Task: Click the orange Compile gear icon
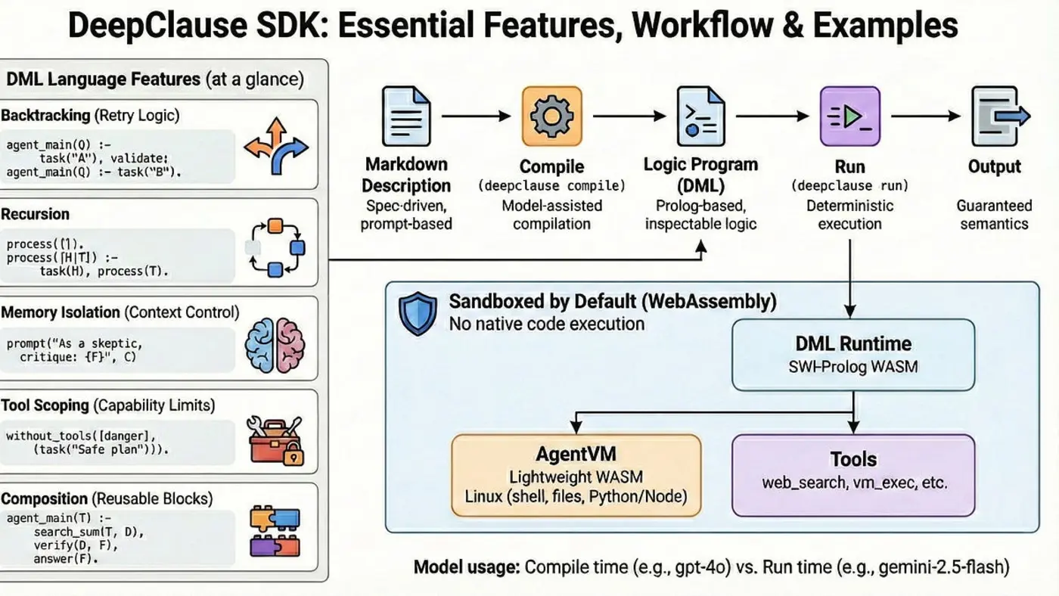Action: [552, 116]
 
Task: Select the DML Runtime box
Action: [853, 354]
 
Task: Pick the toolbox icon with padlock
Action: [275, 440]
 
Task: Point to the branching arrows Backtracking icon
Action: [275, 148]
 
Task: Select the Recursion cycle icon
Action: [275, 247]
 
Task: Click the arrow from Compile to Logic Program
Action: [625, 116]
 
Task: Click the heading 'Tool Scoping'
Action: [45, 405]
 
